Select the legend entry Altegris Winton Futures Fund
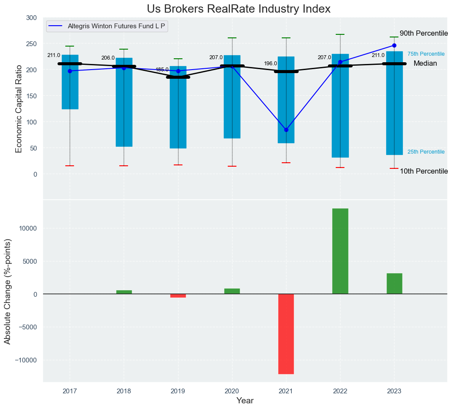[116, 26]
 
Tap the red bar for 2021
[286, 334]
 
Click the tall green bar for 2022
[340, 251]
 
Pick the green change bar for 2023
[394, 284]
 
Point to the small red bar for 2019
[178, 296]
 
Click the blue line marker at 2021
[286, 130]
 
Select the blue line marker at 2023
[394, 45]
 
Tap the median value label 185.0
[162, 70]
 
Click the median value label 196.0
[270, 64]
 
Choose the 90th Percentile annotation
[424, 34]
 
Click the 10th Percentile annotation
[424, 171]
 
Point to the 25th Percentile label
[426, 152]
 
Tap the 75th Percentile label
[426, 54]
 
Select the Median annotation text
[425, 64]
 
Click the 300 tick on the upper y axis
[31, 18]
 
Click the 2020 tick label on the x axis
[232, 391]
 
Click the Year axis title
[245, 401]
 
